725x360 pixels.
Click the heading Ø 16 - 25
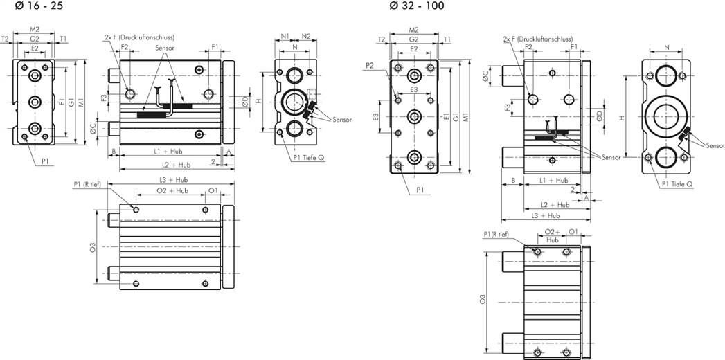39,6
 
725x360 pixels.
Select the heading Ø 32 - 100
417,6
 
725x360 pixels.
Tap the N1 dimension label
285,36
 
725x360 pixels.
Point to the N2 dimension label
306,36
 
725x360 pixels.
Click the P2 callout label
370,66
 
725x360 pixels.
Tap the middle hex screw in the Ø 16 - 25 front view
34,102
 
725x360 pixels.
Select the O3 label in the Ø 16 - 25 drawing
93,247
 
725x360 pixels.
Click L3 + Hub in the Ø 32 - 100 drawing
546,216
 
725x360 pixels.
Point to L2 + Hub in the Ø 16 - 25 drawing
177,164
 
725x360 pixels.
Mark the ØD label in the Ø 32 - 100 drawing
599,116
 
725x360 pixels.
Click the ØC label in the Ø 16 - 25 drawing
93,131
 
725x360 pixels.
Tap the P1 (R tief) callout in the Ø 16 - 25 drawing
90,184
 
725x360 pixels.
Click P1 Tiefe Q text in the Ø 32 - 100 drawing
677,184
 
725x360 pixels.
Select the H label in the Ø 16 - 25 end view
259,101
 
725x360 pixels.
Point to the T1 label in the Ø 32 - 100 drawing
447,39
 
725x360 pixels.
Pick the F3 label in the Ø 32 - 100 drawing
508,108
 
